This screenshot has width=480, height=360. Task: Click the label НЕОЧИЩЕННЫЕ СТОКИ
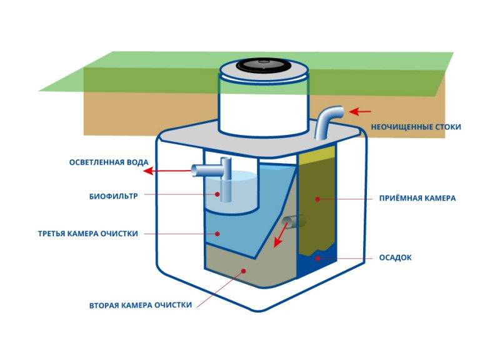tap(416, 127)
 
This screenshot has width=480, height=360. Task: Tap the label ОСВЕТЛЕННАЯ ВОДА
tap(101, 163)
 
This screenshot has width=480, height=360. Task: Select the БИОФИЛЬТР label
tap(112, 194)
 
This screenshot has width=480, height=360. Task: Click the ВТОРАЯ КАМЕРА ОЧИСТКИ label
tap(140, 306)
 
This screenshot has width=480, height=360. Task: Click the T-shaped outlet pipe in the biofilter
tap(216, 172)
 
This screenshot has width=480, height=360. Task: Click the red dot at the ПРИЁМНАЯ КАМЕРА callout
tap(317, 199)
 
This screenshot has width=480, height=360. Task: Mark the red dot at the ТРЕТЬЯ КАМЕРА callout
tap(217, 234)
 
